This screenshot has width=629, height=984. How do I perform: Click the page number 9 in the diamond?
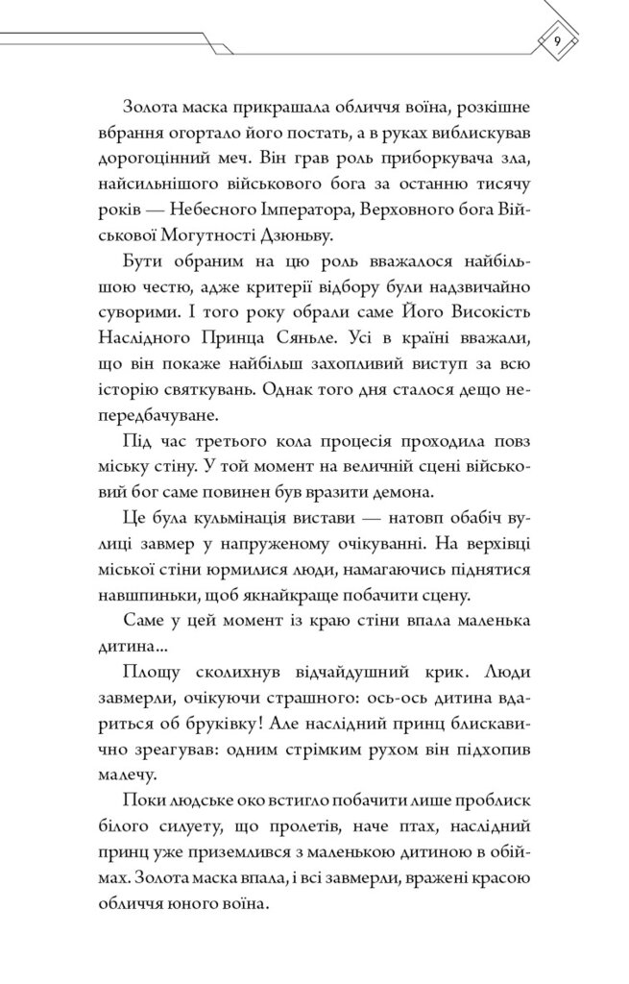(x=558, y=41)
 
